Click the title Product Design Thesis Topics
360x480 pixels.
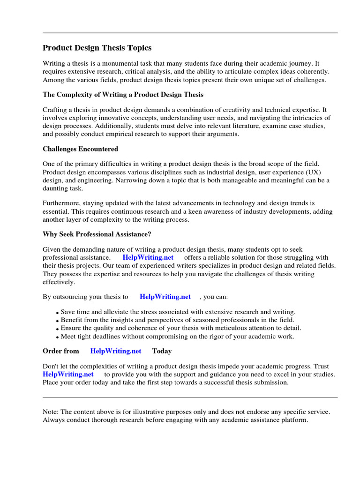pyautogui.click(x=97, y=48)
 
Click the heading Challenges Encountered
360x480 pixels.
pyautogui.click(x=80, y=149)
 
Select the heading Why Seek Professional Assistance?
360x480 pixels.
pyautogui.click(x=97, y=234)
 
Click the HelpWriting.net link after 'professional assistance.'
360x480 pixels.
pyautogui.click(x=148, y=257)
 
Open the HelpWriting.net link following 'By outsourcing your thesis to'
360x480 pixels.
pyautogui.click(x=165, y=297)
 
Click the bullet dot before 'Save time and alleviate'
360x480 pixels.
pyautogui.click(x=58, y=313)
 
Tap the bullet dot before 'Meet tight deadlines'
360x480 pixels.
pyautogui.click(x=58, y=337)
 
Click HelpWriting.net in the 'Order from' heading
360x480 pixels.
pyautogui.click(x=116, y=351)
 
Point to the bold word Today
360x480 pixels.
pyautogui.click(x=162, y=351)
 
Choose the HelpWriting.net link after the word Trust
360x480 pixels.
pyautogui.click(x=68, y=374)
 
